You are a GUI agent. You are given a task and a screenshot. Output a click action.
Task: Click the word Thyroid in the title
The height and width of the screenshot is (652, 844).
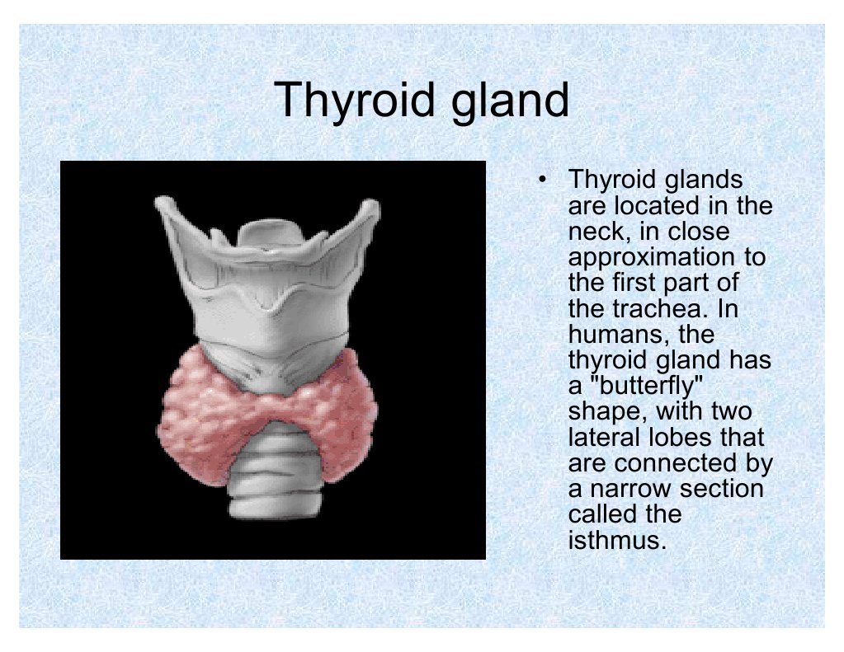coord(354,100)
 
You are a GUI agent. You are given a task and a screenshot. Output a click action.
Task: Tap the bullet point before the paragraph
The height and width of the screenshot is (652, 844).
coord(543,179)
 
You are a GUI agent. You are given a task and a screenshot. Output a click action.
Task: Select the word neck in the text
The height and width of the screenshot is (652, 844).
coord(596,232)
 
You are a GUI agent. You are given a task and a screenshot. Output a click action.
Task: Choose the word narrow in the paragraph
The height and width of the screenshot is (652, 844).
coord(630,489)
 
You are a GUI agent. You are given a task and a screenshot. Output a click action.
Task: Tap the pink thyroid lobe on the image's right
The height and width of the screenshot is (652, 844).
coord(338,408)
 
